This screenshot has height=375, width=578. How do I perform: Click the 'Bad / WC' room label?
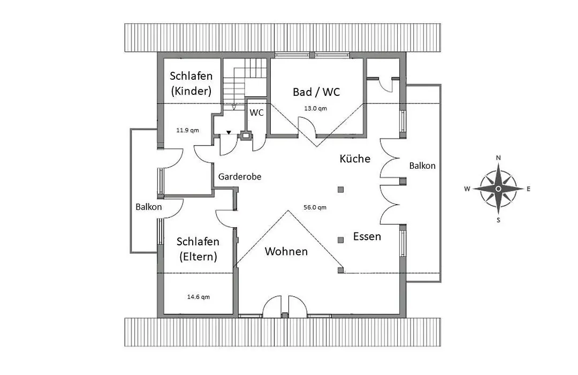(316, 92)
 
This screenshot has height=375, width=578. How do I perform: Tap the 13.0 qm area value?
(315, 109)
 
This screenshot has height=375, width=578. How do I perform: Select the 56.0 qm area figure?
(315, 207)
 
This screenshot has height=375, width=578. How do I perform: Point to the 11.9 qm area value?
(187, 130)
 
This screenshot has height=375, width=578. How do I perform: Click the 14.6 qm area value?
(199, 297)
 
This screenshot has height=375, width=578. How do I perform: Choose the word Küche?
(355, 159)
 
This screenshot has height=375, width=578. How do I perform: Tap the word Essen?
(367, 236)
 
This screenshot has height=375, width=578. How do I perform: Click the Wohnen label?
(286, 251)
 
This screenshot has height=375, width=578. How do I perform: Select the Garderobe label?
(240, 176)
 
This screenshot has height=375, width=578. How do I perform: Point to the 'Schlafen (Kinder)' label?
(191, 84)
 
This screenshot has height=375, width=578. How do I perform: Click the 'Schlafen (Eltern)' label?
(198, 249)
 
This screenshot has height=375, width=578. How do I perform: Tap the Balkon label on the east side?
(422, 166)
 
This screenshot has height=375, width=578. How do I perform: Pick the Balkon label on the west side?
(149, 207)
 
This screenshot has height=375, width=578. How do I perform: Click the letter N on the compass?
(498, 157)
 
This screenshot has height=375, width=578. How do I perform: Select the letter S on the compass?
(498, 220)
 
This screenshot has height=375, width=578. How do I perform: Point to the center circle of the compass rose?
(498, 189)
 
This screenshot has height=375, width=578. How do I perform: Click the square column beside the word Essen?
(340, 240)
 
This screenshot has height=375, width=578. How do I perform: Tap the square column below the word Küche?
(340, 190)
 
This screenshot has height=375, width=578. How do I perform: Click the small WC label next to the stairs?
(256, 112)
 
